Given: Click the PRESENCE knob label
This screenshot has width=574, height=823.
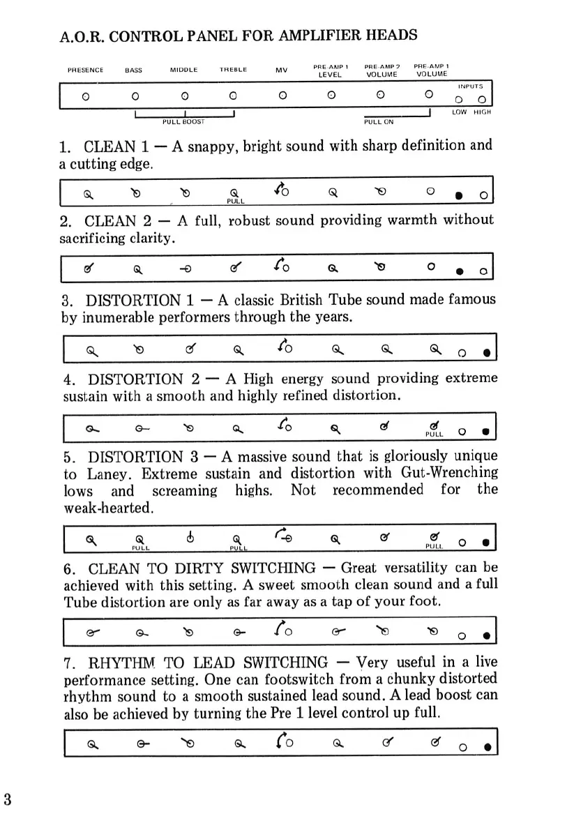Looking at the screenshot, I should pos(85,70).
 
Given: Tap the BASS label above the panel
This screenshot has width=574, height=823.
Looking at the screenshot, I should pos(133,70).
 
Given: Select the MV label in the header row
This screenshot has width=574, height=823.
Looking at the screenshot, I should pos(281,70).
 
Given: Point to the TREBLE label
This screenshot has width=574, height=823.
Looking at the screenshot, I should pos(234,70).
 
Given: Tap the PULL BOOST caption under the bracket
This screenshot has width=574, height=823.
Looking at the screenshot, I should pos(183,121).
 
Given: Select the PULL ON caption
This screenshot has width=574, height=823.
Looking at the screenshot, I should pos(379,121).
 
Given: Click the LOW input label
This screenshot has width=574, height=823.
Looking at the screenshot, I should pos(459,112).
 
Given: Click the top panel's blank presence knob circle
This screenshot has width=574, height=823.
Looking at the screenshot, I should pos(85,96).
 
